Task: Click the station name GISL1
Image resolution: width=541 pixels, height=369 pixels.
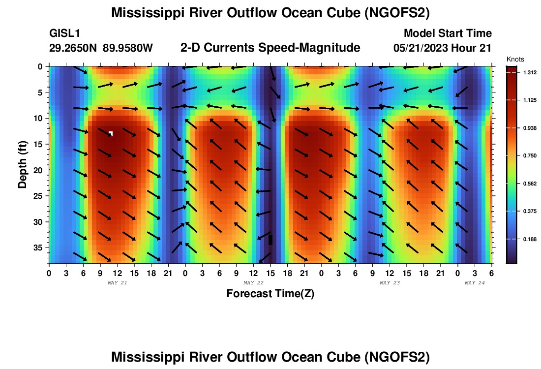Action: tap(65, 33)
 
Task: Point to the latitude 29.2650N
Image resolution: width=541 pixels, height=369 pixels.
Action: tap(74, 48)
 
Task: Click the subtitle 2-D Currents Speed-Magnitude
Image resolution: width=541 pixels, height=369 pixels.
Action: tap(270, 48)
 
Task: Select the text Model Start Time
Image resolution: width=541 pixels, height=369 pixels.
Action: tap(448, 33)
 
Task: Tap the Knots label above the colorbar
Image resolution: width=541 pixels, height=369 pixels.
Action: tap(515, 59)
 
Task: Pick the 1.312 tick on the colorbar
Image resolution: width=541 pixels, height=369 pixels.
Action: tap(530, 72)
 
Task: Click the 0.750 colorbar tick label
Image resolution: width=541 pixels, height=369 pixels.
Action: tap(530, 155)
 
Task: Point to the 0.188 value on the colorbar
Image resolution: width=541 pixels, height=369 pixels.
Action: tap(530, 239)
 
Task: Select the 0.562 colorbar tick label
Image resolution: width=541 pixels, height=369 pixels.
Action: tap(530, 184)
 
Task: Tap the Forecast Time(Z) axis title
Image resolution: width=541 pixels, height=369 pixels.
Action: tap(270, 294)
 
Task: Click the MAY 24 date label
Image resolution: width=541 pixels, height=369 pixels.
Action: tap(475, 283)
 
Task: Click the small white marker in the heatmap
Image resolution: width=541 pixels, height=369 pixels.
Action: tap(111, 133)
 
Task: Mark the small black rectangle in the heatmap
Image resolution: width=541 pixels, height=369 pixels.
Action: tap(270, 240)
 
